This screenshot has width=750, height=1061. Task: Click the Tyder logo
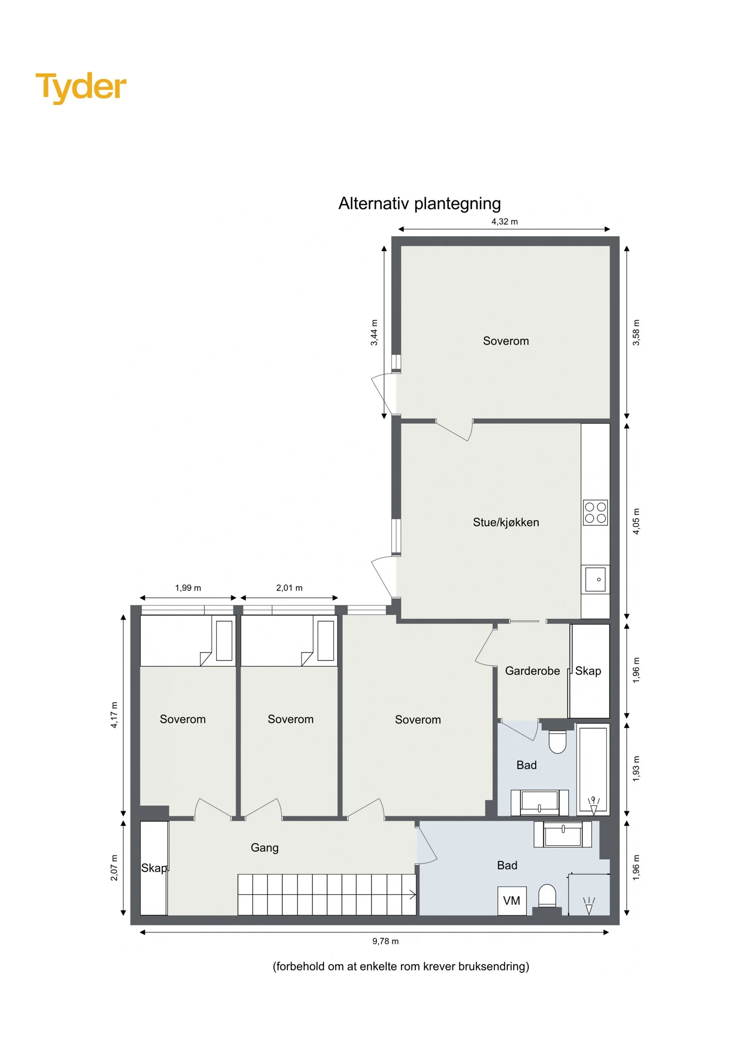[x=81, y=87]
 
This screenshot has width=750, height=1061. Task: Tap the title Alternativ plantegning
[x=420, y=204]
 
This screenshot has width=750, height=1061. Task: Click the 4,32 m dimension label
[x=504, y=222]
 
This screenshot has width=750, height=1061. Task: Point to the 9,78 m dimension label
[x=385, y=941]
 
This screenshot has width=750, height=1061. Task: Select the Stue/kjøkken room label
[x=506, y=522]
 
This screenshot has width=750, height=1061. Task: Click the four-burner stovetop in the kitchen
[x=595, y=512]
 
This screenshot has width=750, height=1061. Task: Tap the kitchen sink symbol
[x=595, y=579]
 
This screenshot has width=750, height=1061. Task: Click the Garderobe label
[x=532, y=671]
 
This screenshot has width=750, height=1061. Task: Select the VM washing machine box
[x=512, y=901]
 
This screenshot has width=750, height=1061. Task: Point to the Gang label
[x=264, y=848]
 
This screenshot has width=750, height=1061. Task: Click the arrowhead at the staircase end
[x=413, y=895]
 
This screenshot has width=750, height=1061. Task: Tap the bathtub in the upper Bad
[x=593, y=770]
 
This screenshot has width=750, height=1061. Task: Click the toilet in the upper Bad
[x=557, y=741]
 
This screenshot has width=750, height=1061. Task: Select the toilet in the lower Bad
[x=547, y=897]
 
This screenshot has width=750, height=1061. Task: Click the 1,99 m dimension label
[x=188, y=588]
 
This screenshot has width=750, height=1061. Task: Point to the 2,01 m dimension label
[x=289, y=588]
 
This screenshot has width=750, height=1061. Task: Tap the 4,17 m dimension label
[x=114, y=715]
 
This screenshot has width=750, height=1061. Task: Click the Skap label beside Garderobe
[x=588, y=671]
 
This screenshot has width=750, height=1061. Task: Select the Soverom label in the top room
[x=506, y=341]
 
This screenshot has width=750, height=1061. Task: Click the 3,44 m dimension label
[x=374, y=333]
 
